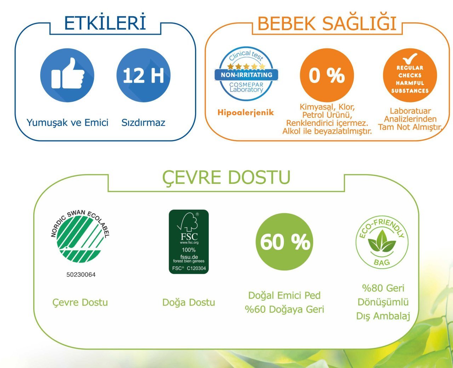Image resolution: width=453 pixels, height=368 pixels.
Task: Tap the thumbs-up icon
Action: click(68, 73)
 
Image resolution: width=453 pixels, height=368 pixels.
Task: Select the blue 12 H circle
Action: click(144, 75)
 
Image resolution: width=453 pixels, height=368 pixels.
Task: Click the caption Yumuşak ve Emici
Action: click(67, 123)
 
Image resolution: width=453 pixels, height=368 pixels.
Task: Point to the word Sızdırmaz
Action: click(143, 123)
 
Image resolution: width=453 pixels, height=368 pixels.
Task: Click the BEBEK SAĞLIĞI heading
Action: click(327, 24)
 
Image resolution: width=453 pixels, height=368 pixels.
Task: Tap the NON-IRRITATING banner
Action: click(246, 75)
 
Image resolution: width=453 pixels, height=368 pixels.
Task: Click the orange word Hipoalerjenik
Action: click(246, 113)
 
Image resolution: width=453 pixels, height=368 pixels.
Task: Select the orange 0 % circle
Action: click(327, 75)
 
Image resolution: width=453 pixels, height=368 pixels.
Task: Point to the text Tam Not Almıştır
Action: click(410, 127)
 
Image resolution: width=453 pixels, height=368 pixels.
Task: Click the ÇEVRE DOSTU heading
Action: click(226, 177)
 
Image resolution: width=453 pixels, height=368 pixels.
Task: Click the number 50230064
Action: click(81, 275)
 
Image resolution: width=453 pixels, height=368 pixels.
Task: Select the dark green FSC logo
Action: click(189, 242)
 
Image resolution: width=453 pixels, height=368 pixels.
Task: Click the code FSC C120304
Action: click(189, 268)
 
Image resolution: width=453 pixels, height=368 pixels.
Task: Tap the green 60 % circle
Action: click(284, 242)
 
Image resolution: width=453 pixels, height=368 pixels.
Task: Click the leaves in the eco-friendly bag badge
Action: click(382, 241)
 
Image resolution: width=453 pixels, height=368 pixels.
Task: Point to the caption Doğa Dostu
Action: click(189, 303)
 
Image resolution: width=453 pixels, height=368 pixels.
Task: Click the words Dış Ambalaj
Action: click(383, 316)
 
